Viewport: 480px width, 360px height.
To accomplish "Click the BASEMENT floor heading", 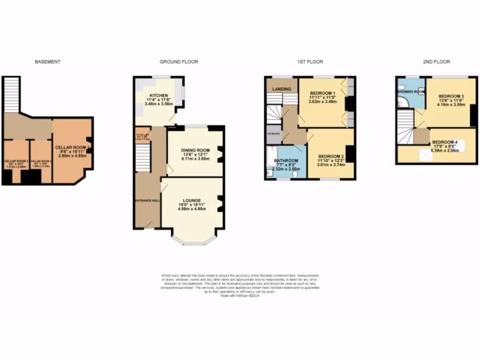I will [x=48, y=61].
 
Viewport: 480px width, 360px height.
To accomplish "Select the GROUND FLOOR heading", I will [x=179, y=61].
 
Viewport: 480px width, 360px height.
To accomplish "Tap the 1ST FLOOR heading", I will [x=309, y=61].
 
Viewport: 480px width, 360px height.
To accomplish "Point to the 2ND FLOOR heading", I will [x=436, y=61].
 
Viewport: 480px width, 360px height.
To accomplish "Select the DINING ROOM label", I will [x=194, y=150].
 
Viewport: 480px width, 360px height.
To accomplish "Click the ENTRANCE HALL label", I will [x=147, y=200].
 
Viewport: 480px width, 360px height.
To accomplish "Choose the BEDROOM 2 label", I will [x=331, y=156].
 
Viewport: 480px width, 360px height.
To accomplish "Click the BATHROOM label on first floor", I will [x=286, y=160].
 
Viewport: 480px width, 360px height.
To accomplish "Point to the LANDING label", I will [x=282, y=89].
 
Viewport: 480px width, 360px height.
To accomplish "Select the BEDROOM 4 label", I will [x=444, y=142].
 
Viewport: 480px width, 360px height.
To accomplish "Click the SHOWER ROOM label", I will [x=411, y=91].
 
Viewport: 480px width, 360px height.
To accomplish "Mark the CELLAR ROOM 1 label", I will [x=72, y=147].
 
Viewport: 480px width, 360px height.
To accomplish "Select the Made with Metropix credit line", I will [x=240, y=296].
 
